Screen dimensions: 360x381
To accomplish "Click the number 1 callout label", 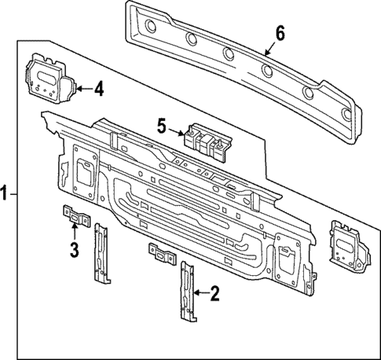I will [x=5, y=192].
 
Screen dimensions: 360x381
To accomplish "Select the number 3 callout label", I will [x=74, y=251].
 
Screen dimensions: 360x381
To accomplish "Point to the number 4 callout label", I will [x=98, y=89].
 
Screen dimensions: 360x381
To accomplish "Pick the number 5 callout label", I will [x=161, y=126].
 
